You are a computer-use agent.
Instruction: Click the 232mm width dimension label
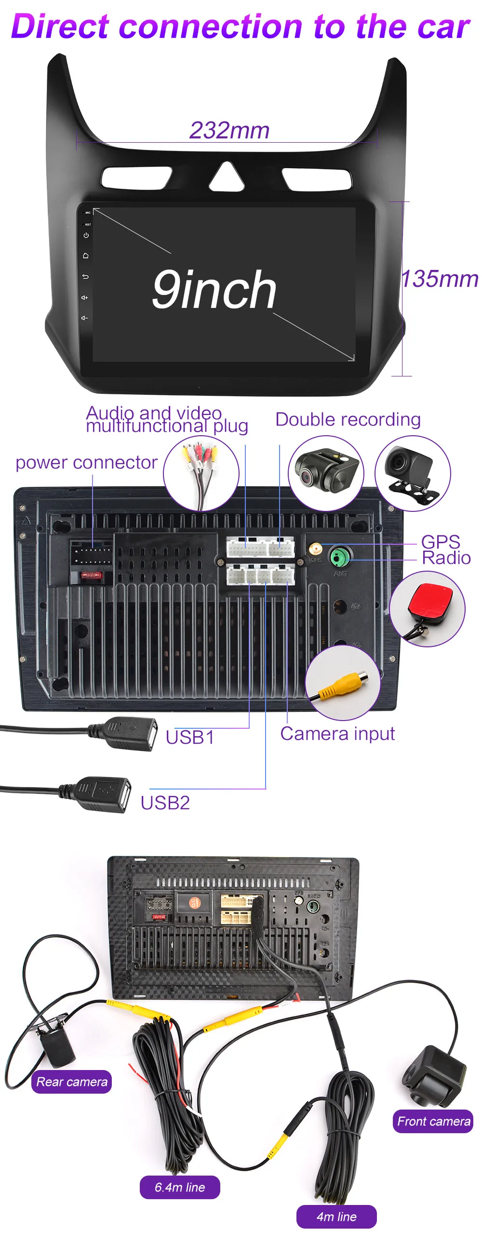pyautogui.click(x=229, y=131)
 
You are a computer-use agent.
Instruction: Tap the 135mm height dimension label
pyautogui.click(x=439, y=280)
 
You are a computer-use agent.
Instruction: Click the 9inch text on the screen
pyautogui.click(x=214, y=290)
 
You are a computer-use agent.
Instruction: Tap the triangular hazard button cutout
pyautogui.click(x=227, y=177)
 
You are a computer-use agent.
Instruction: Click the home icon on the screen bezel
pyautogui.click(x=86, y=255)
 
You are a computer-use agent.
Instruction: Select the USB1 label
pyautogui.click(x=189, y=737)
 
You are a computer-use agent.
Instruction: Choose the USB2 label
pyautogui.click(x=165, y=803)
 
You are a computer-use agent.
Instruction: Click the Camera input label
pyautogui.click(x=337, y=734)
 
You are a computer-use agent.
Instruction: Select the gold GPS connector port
pyautogui.click(x=316, y=548)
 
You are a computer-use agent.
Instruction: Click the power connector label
pyautogui.click(x=86, y=462)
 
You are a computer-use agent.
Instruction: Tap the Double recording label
pyautogui.click(x=348, y=419)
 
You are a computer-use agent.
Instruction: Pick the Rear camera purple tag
pyautogui.click(x=72, y=1081)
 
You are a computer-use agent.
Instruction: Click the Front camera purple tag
pyautogui.click(x=433, y=1121)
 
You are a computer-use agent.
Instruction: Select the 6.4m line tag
pyautogui.click(x=180, y=1187)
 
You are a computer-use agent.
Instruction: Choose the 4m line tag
pyautogui.click(x=336, y=1216)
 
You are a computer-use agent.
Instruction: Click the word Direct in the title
pyautogui.click(x=61, y=27)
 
